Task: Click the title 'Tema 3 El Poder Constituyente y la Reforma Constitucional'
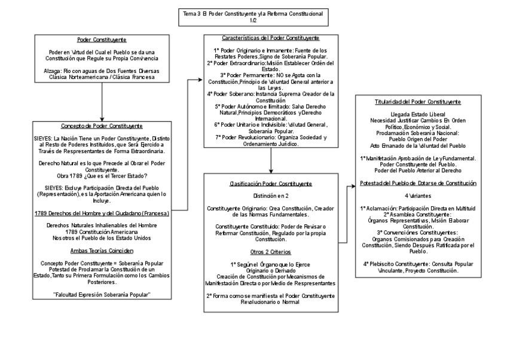(x=253, y=12)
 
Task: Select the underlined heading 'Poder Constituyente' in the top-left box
(x=102, y=40)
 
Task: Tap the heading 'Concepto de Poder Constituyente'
(x=102, y=126)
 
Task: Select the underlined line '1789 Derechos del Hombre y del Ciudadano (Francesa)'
(x=102, y=213)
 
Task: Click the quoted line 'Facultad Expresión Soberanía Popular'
(x=102, y=295)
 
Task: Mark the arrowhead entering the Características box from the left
(x=201, y=78)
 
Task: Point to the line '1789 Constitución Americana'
(x=102, y=231)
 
